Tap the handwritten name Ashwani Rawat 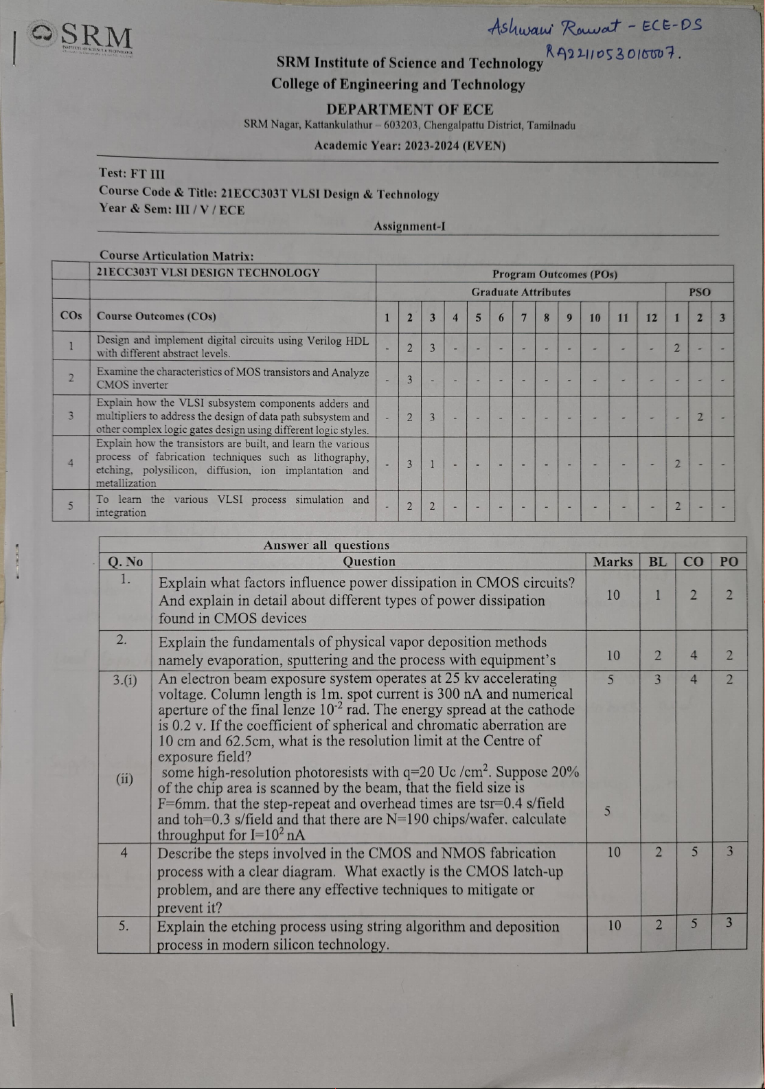553,27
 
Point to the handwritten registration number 611,52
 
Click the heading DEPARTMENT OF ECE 410,109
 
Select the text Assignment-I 409,226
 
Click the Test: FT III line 132,174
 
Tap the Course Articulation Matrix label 176,256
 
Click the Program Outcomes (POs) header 554,274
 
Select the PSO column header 699,292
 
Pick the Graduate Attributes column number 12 651,317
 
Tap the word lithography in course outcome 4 341,457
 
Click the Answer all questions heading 326,545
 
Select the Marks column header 613,561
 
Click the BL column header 657,561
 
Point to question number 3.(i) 125,680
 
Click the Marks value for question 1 613,595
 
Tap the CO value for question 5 694,924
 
